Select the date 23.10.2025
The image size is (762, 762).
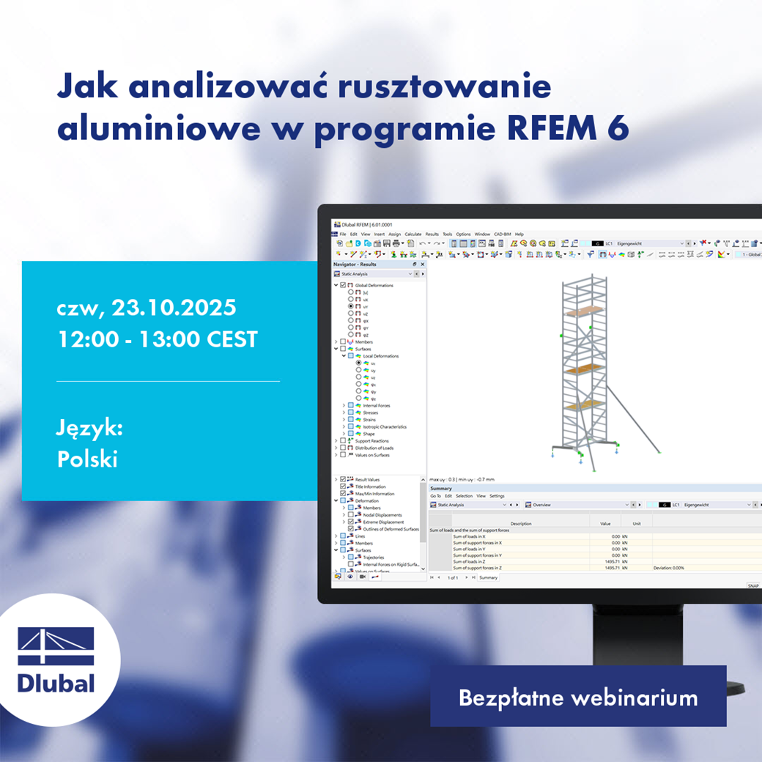pos(174,307)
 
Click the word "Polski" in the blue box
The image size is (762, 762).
pos(87,459)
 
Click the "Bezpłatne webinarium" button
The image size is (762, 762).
pos(577,697)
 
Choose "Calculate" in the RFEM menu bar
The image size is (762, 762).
pos(413,234)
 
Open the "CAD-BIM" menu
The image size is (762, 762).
pos(503,234)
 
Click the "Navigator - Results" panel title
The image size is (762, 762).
pos(355,264)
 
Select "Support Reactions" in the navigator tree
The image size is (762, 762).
pos(371,440)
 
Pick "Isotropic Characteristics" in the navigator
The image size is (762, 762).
pos(384,426)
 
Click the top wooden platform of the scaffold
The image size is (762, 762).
pos(582,308)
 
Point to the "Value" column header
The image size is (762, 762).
pos(605,523)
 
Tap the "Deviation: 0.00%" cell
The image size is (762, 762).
pos(668,568)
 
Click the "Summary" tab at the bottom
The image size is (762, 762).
pos(488,577)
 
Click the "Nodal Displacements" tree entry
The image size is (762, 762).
pos(382,515)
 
